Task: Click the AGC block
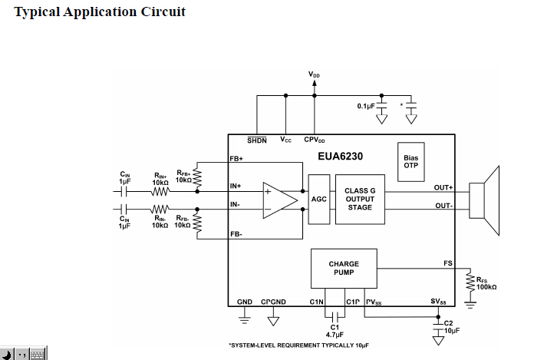coord(319,198)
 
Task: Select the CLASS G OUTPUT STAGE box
coord(360,198)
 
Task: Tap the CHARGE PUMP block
coord(344,268)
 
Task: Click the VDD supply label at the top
coord(314,74)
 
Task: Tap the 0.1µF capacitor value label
coord(365,106)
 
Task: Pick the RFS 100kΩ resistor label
coord(486,283)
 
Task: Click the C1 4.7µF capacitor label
coord(335,331)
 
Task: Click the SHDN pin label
coord(256,140)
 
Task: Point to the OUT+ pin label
coord(443,187)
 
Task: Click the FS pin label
coord(448,263)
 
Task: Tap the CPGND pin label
coord(273,302)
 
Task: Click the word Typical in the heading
coord(38,12)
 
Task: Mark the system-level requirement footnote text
coord(298,346)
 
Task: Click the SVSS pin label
coord(438,302)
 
